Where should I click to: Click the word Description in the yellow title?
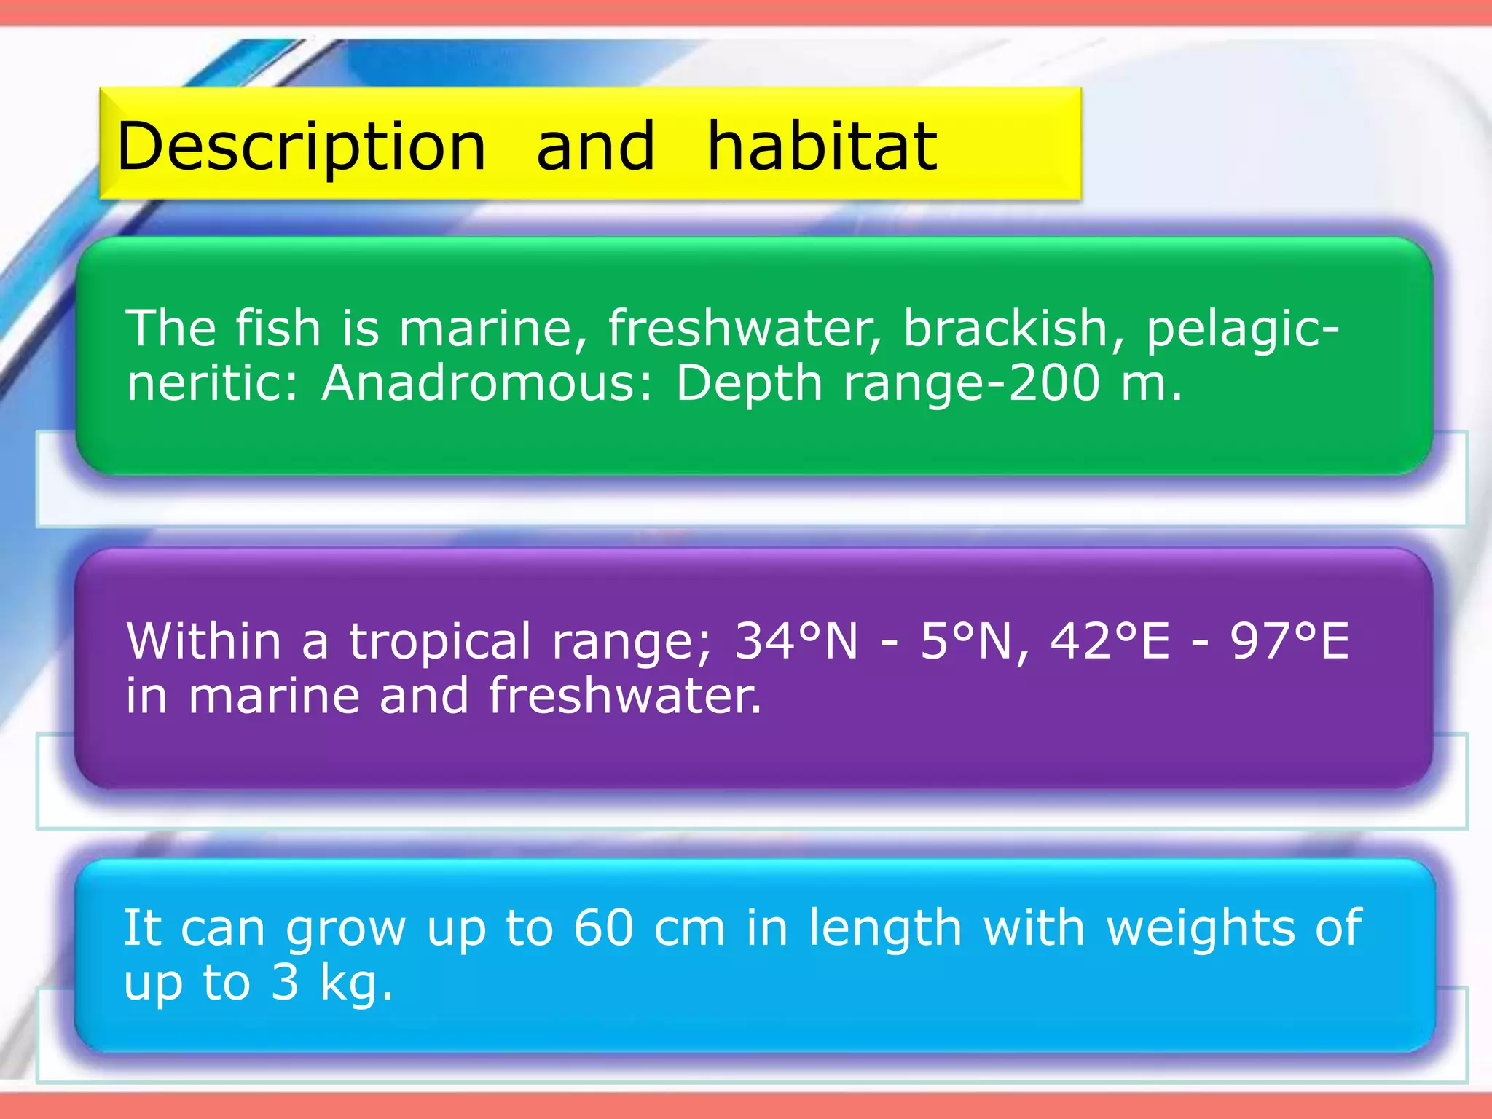(x=301, y=148)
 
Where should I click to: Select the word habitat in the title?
(x=822, y=148)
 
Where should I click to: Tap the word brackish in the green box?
(x=1005, y=329)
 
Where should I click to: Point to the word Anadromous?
(x=479, y=383)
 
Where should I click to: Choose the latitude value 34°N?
(x=796, y=642)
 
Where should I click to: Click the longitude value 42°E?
(x=1110, y=642)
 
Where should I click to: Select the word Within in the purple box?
(x=204, y=642)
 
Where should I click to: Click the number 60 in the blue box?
(x=603, y=928)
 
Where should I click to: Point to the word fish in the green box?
(x=278, y=329)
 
